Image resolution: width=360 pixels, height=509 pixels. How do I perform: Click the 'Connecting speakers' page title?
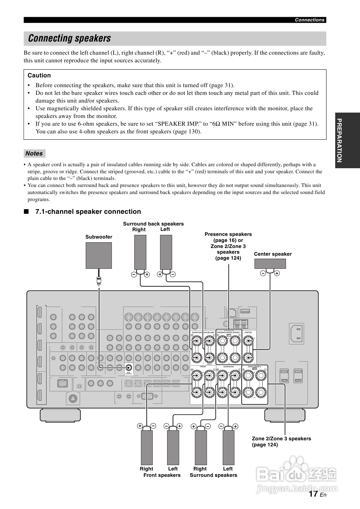coord(69,39)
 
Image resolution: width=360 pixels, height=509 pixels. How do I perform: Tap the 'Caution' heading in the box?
coord(39,75)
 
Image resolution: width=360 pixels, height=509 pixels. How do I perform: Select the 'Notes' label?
coord(34,153)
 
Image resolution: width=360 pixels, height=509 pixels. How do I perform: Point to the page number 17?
coord(313,494)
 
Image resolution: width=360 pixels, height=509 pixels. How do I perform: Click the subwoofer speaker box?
coord(99,255)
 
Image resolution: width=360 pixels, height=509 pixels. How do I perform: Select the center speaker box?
coord(270,264)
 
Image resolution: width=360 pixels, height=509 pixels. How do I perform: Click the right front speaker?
coord(147,447)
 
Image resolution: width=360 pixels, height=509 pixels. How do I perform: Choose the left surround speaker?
coord(228,447)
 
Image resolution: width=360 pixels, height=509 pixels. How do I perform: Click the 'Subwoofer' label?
coord(99,237)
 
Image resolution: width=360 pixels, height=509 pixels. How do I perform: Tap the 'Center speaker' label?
coord(273,254)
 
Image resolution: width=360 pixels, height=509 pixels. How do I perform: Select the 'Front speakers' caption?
coord(162,475)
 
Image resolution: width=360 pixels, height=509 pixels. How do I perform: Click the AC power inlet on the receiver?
coord(297,333)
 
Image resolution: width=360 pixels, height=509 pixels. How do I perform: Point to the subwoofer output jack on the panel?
coord(129,367)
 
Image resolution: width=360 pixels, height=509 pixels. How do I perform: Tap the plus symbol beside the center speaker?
coord(277,273)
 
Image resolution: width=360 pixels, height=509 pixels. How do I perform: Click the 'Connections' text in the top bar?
coord(309,20)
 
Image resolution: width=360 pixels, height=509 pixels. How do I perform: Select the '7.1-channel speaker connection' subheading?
coord(88,211)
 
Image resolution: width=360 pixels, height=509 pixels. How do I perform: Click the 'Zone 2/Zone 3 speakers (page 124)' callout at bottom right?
coord(281,442)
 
